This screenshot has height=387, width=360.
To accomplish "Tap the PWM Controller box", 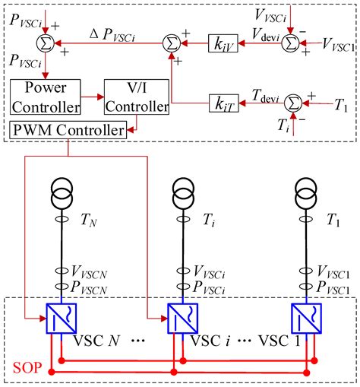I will click(68, 131).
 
